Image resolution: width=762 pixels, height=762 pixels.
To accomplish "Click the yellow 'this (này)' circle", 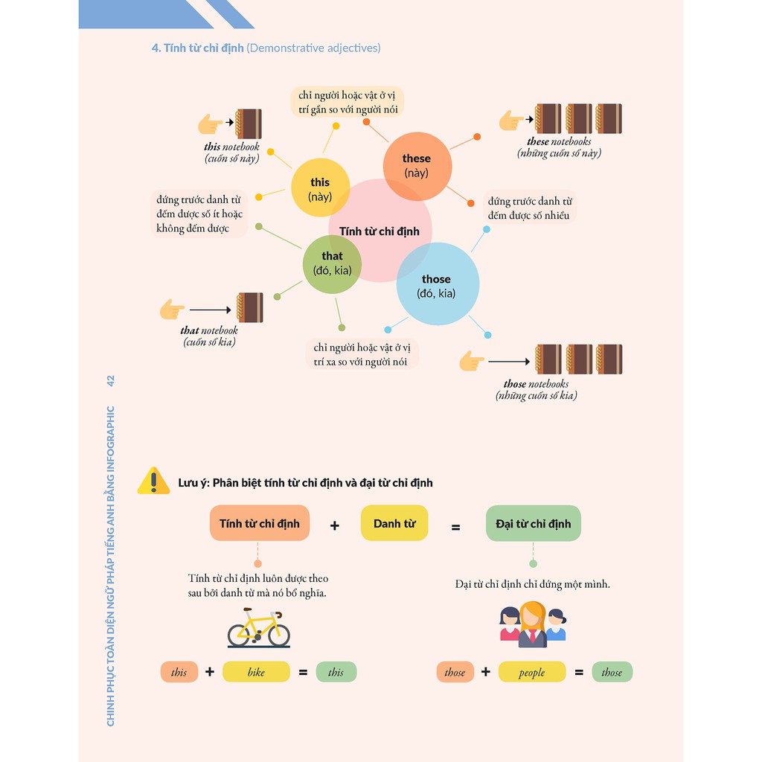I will [320, 188].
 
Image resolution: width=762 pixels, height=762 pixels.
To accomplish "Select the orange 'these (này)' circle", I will [417, 166].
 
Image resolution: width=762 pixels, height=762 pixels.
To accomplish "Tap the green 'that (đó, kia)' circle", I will [332, 263].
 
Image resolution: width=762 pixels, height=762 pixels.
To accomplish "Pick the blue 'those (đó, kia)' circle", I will [437, 285].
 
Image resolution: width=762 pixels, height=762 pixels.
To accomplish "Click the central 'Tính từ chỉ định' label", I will [380, 231].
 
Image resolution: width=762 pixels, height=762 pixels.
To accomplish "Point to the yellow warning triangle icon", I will [154, 481].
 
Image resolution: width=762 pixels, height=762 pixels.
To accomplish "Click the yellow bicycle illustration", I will [258, 627].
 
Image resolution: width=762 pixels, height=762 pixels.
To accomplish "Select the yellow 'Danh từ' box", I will [394, 523].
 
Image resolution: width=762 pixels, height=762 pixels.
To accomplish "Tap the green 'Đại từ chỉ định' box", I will [533, 523].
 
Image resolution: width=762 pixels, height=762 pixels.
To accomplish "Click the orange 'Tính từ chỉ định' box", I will [259, 523].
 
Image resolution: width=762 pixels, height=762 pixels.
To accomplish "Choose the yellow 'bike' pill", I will [256, 672].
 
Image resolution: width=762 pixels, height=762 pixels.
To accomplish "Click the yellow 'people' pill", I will [531, 672].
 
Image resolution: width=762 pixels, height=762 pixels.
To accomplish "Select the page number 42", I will [110, 381].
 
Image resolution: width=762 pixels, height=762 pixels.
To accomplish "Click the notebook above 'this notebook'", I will [249, 124].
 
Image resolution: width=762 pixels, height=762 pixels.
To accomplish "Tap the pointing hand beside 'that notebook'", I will [172, 309].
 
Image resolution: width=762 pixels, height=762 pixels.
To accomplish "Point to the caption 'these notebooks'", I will [559, 141].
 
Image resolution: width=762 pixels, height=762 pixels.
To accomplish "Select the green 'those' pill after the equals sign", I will [612, 672].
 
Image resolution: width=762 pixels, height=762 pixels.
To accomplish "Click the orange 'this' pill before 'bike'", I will [179, 672].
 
